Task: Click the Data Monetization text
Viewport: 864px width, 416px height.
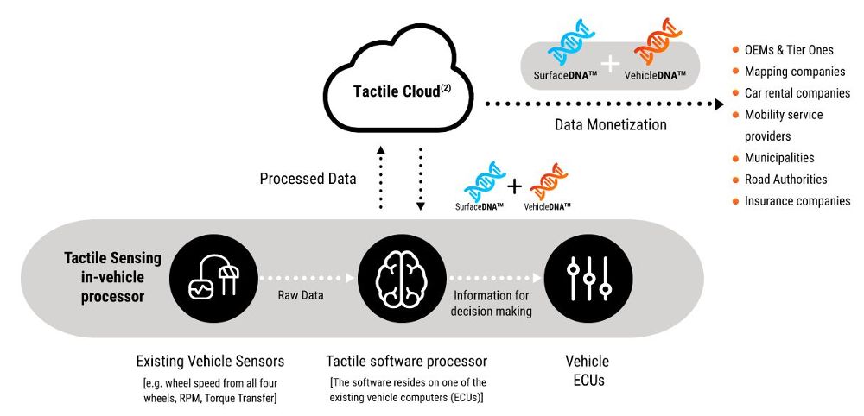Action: click(610, 125)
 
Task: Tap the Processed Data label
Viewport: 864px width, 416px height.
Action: click(308, 180)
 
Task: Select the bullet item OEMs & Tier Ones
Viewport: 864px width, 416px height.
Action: click(788, 49)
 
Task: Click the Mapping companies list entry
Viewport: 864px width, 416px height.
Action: click(794, 71)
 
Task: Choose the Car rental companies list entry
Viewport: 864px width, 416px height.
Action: click(797, 93)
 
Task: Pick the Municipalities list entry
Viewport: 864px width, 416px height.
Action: click(778, 158)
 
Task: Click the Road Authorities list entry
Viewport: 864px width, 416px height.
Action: click(785, 180)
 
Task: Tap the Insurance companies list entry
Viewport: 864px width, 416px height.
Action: click(797, 201)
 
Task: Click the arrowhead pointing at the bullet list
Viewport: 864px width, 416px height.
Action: click(717, 104)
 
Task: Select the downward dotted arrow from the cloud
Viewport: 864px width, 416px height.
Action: click(420, 178)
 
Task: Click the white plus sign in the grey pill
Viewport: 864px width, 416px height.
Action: click(611, 63)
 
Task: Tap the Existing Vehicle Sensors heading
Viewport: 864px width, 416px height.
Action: click(210, 361)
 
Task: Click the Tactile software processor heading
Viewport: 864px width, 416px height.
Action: click(406, 361)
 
